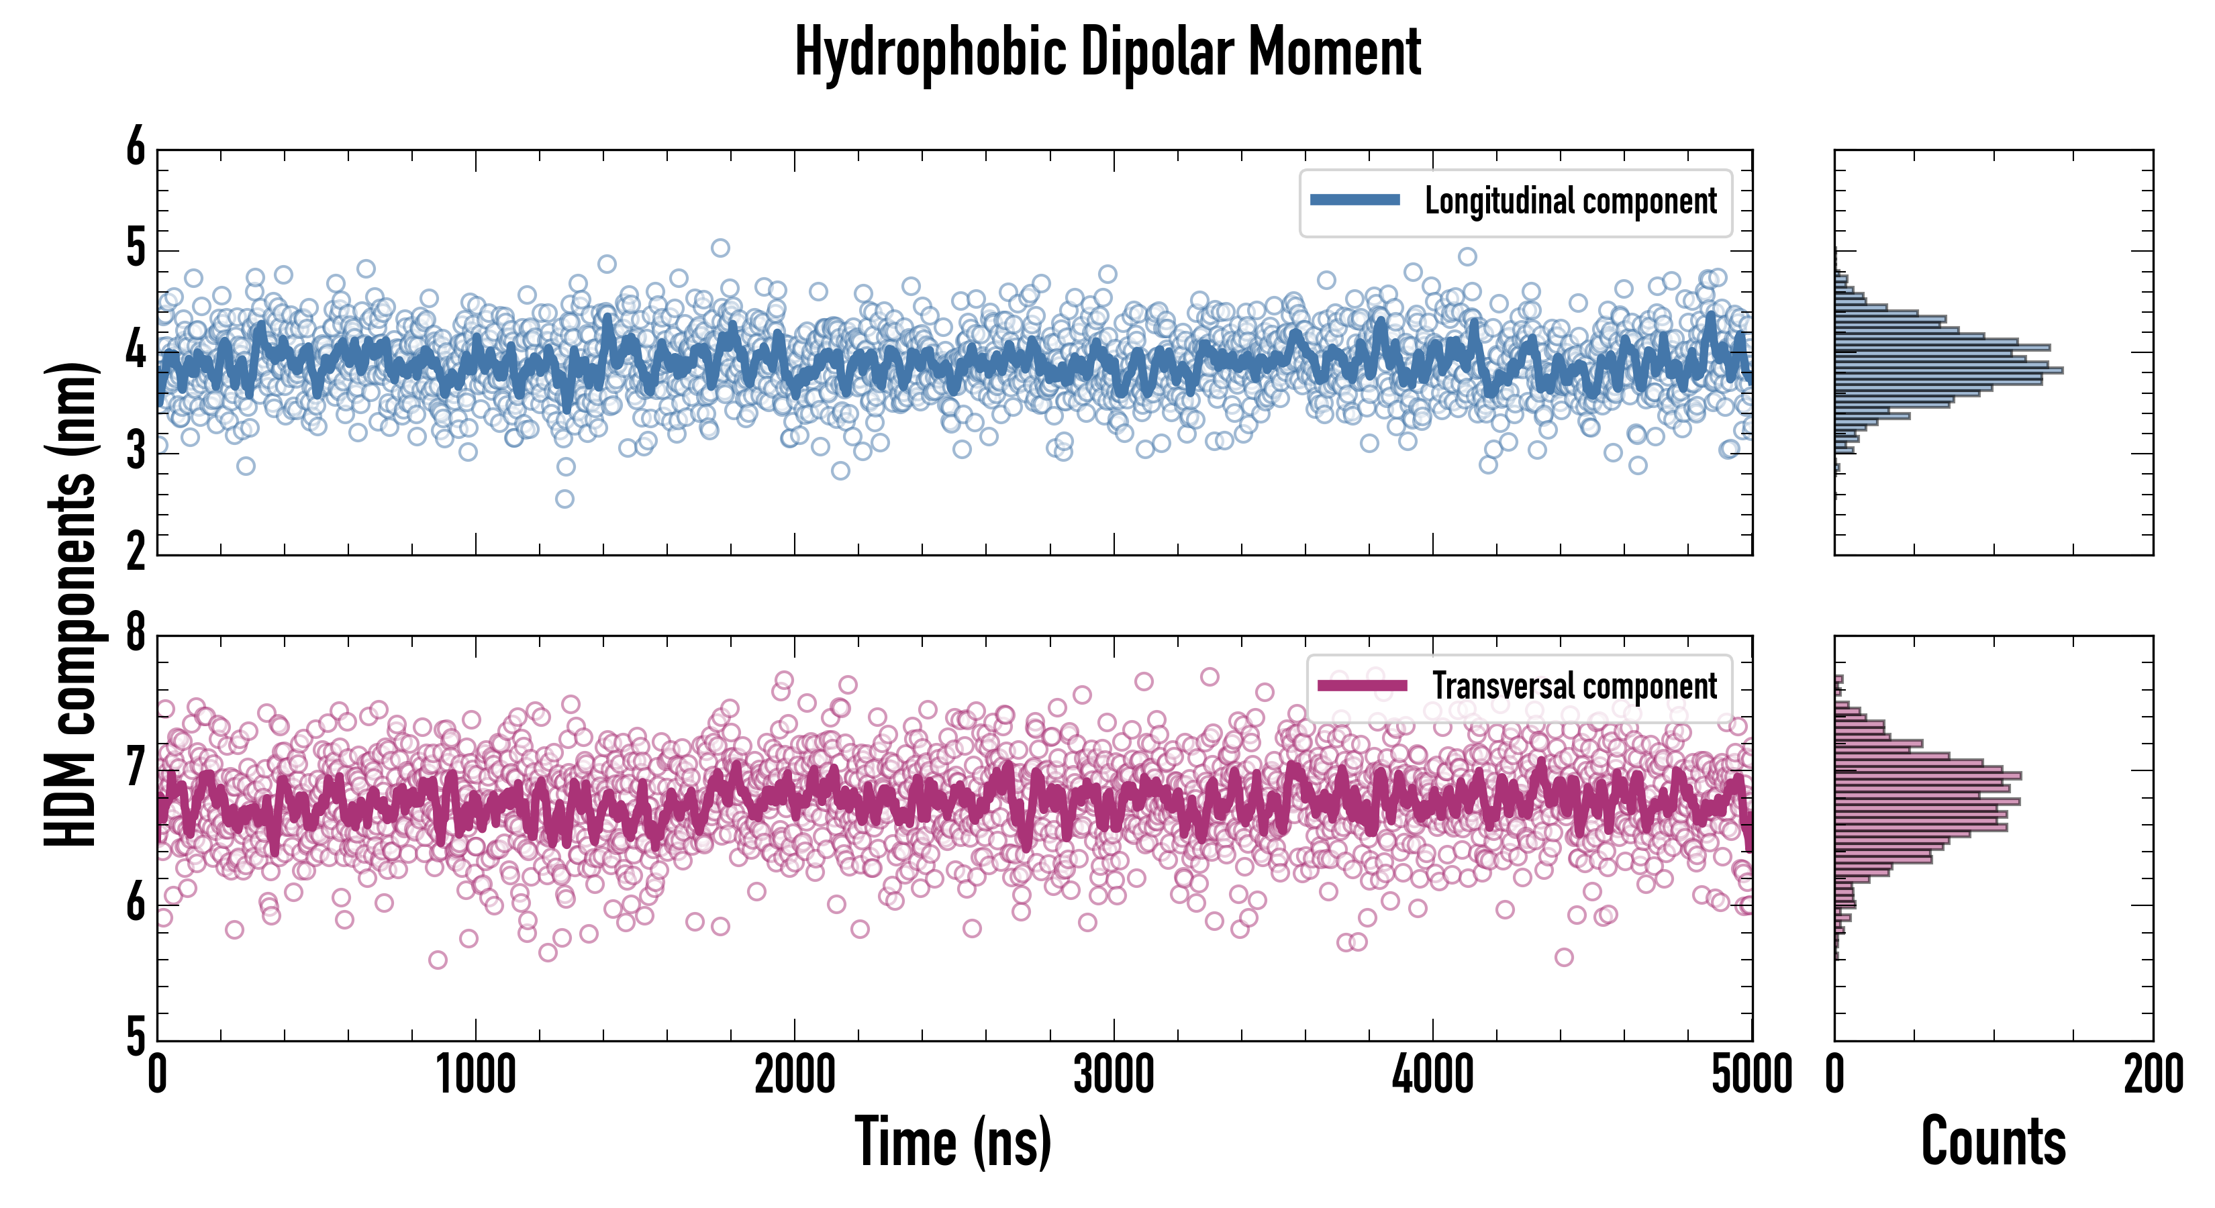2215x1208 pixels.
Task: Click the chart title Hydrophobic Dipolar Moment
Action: click(x=1107, y=53)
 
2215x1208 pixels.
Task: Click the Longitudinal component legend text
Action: click(x=1570, y=201)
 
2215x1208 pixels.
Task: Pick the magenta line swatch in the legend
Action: click(x=1362, y=686)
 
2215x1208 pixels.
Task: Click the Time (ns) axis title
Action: click(x=952, y=1142)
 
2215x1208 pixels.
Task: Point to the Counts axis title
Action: click(x=1993, y=1142)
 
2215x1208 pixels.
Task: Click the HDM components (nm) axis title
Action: click(x=70, y=605)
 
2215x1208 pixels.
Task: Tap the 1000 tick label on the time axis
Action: click(x=475, y=1074)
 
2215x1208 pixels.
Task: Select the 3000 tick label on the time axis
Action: click(x=1114, y=1074)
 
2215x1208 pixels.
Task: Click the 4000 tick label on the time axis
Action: click(x=1432, y=1074)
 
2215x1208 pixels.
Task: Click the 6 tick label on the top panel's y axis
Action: click(x=136, y=148)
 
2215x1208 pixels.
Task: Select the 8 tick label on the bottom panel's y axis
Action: click(x=136, y=634)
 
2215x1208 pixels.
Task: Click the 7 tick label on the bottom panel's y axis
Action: click(x=136, y=768)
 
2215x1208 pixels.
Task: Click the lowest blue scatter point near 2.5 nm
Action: click(x=564, y=499)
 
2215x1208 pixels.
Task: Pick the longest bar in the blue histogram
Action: click(x=1949, y=370)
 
